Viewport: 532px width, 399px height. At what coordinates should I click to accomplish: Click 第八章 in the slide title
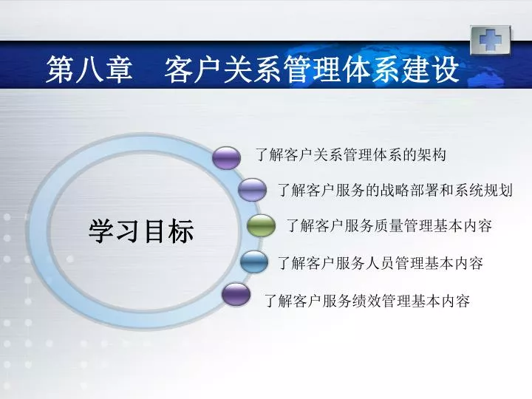(x=89, y=69)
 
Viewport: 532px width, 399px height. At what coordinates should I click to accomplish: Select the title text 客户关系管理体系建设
(x=312, y=69)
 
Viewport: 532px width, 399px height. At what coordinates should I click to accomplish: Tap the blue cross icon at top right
(x=491, y=40)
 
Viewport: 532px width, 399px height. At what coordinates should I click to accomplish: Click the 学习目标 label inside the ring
(x=141, y=231)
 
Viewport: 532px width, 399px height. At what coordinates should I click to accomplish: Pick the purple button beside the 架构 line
(x=226, y=158)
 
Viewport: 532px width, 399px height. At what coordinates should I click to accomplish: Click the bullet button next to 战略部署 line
(x=252, y=190)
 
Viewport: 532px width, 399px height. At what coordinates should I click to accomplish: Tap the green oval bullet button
(x=261, y=225)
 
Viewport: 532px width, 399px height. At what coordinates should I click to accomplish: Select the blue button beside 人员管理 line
(x=254, y=262)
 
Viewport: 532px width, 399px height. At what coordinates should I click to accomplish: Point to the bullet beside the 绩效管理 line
(x=236, y=294)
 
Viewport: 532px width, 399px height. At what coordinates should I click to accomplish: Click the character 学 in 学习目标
(x=101, y=231)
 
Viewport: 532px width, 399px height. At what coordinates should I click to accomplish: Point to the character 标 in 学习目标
(x=182, y=231)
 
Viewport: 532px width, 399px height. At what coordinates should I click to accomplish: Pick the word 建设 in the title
(x=431, y=69)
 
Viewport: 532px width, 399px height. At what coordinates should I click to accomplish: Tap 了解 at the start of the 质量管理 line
(x=300, y=225)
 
